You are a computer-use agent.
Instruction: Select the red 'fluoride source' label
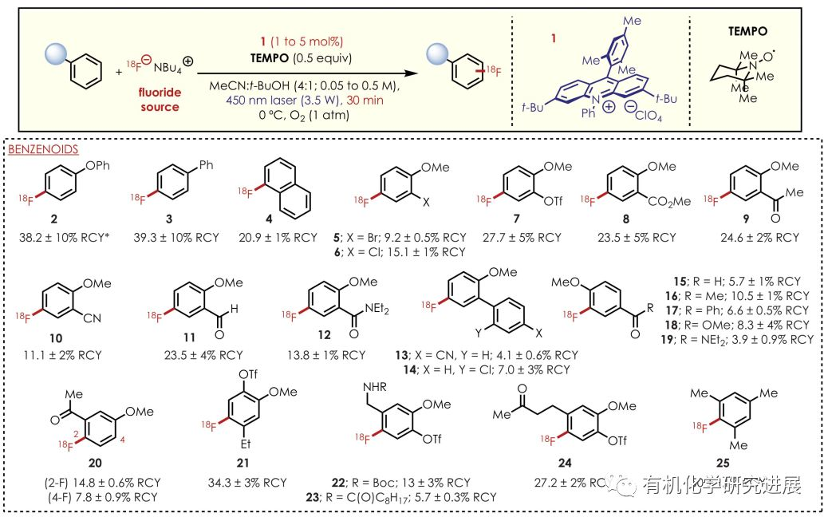[x=160, y=100]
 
